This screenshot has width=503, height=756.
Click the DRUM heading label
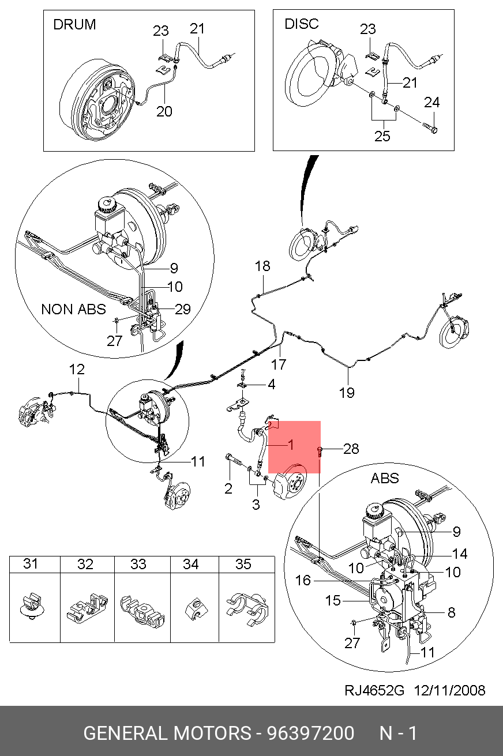[74, 24]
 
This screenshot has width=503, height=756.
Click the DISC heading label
[301, 24]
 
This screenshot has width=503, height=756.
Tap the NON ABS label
[73, 309]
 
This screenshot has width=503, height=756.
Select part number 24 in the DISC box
[431, 103]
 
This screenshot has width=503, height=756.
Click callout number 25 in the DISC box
[382, 136]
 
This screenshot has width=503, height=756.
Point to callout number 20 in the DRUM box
[164, 110]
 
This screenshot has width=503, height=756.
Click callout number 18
[262, 266]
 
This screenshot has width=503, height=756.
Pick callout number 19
[347, 393]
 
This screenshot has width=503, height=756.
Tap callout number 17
[279, 364]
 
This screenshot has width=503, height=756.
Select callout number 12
[77, 369]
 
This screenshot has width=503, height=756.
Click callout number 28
[350, 449]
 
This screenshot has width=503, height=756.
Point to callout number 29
[182, 309]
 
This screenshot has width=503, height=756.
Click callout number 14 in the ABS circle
[459, 554]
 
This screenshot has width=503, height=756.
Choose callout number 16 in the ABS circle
[303, 580]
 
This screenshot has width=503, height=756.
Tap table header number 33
[138, 565]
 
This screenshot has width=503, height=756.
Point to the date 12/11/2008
[449, 690]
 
